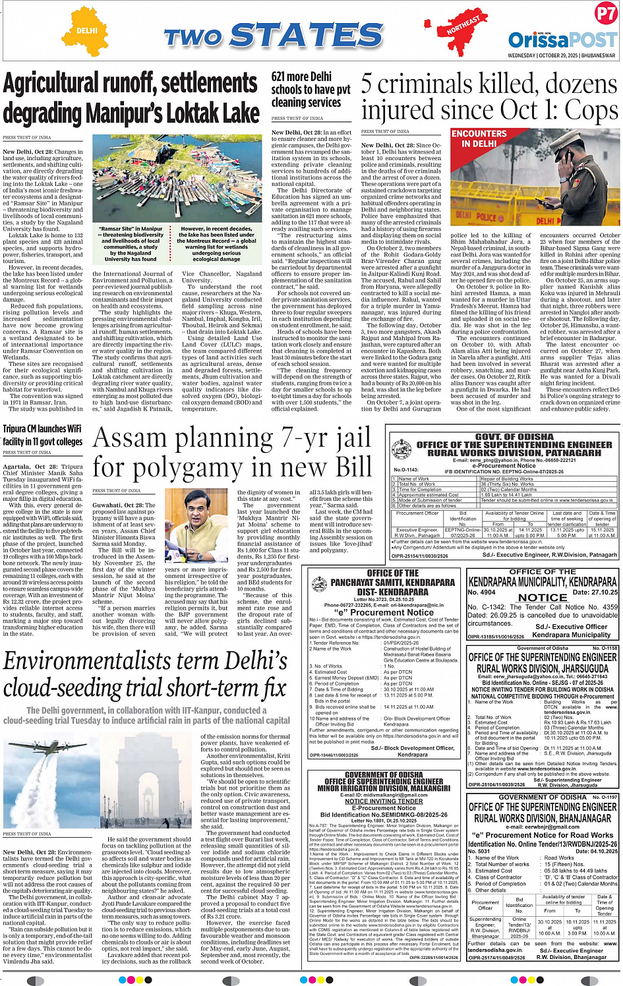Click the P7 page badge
pyautogui.click(x=605, y=14)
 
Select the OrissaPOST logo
pyautogui.click(x=562, y=40)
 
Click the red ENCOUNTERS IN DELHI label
pyautogui.click(x=479, y=138)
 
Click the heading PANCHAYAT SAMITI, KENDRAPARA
pyautogui.click(x=383, y=583)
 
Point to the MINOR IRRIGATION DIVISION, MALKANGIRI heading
pyautogui.click(x=383, y=788)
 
